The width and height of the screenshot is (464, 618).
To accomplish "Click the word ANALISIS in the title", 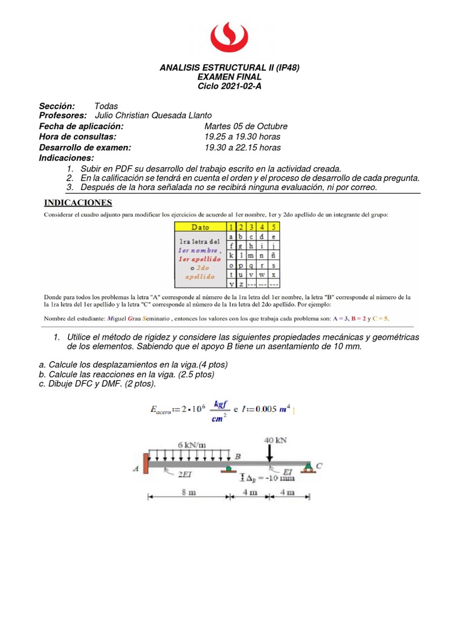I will coord(179,68).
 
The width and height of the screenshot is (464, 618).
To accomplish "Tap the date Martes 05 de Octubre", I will coord(246,126).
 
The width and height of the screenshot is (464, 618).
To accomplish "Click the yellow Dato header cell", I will coord(200,227).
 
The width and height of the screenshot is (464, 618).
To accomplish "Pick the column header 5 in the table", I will coord(274,227).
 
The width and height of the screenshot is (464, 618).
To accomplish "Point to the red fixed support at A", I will coord(146,465).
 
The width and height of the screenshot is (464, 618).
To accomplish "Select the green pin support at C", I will coord(308,465).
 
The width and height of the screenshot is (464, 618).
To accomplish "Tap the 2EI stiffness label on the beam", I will coord(185,475).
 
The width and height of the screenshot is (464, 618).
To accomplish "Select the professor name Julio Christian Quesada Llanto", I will coord(154,116).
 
